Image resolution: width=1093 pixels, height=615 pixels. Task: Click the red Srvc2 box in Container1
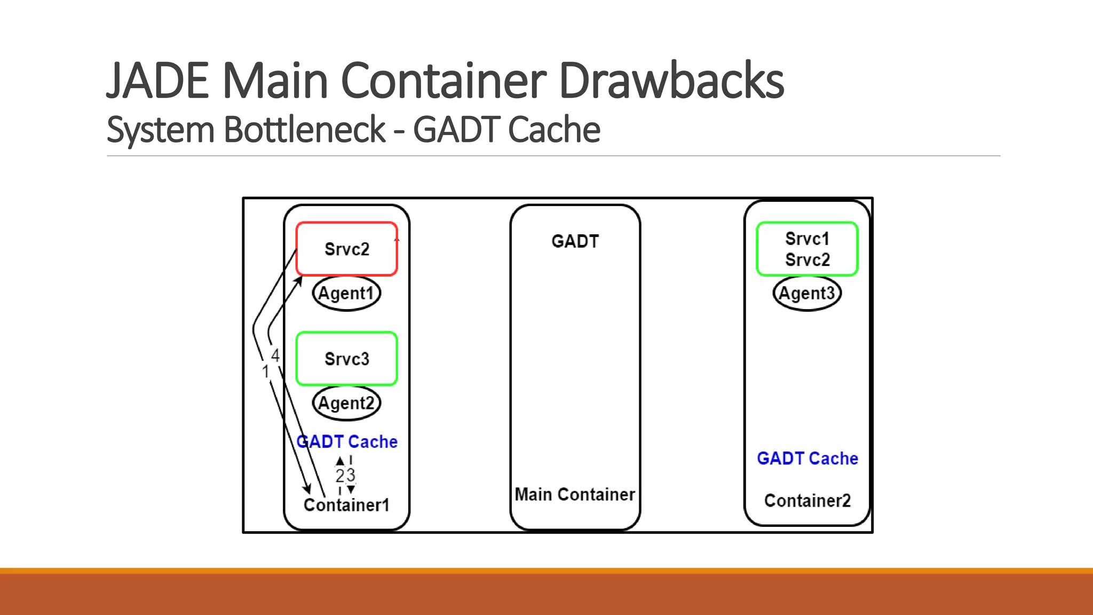pos(346,249)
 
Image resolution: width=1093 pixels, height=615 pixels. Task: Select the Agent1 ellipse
pos(346,293)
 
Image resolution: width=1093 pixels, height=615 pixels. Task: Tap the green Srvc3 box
pos(346,359)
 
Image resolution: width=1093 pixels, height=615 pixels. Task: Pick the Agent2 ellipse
pos(346,403)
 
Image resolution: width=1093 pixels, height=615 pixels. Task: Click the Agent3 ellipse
pos(807,293)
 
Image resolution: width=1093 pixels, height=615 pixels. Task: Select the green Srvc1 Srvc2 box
pos(807,249)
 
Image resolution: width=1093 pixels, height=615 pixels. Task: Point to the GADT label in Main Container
pos(575,241)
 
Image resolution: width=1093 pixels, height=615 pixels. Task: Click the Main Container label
pos(575,494)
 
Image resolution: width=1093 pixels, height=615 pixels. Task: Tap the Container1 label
pos(346,504)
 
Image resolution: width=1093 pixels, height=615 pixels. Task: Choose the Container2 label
pos(807,500)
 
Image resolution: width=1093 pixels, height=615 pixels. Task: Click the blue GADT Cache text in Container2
pos(807,458)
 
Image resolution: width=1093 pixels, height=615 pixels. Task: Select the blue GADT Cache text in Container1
pos(347,441)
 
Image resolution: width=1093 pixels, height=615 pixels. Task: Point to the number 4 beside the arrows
pos(275,356)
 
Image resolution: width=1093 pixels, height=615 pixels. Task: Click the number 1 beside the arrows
pos(265,372)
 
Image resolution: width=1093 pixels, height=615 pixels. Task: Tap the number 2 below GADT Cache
pos(340,475)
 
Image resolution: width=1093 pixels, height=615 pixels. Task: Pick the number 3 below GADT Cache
pos(351,475)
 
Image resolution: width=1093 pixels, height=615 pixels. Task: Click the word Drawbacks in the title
pos(671,81)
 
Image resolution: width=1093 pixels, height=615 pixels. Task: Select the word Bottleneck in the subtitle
pos(304,130)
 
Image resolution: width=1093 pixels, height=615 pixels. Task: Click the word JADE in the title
pos(157,81)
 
